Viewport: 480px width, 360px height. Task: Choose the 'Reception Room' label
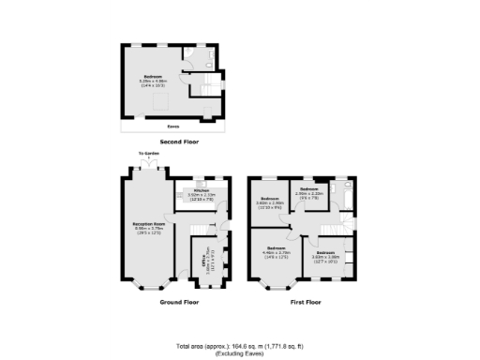pos(143,223)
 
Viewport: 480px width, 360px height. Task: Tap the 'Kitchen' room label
pos(201,189)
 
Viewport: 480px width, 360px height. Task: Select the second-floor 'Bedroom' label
pos(152,75)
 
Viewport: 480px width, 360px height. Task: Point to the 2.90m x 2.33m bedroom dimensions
pos(308,194)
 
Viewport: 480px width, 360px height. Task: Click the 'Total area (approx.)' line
pos(239,346)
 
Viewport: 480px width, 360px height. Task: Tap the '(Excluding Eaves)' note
pos(239,353)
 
